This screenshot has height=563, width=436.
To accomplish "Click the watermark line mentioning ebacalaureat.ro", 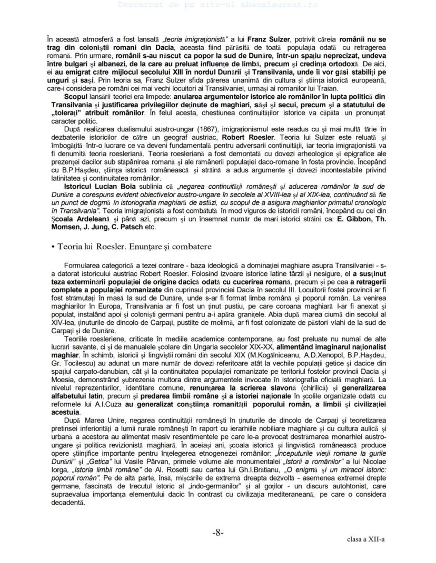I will [x=218, y=4].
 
